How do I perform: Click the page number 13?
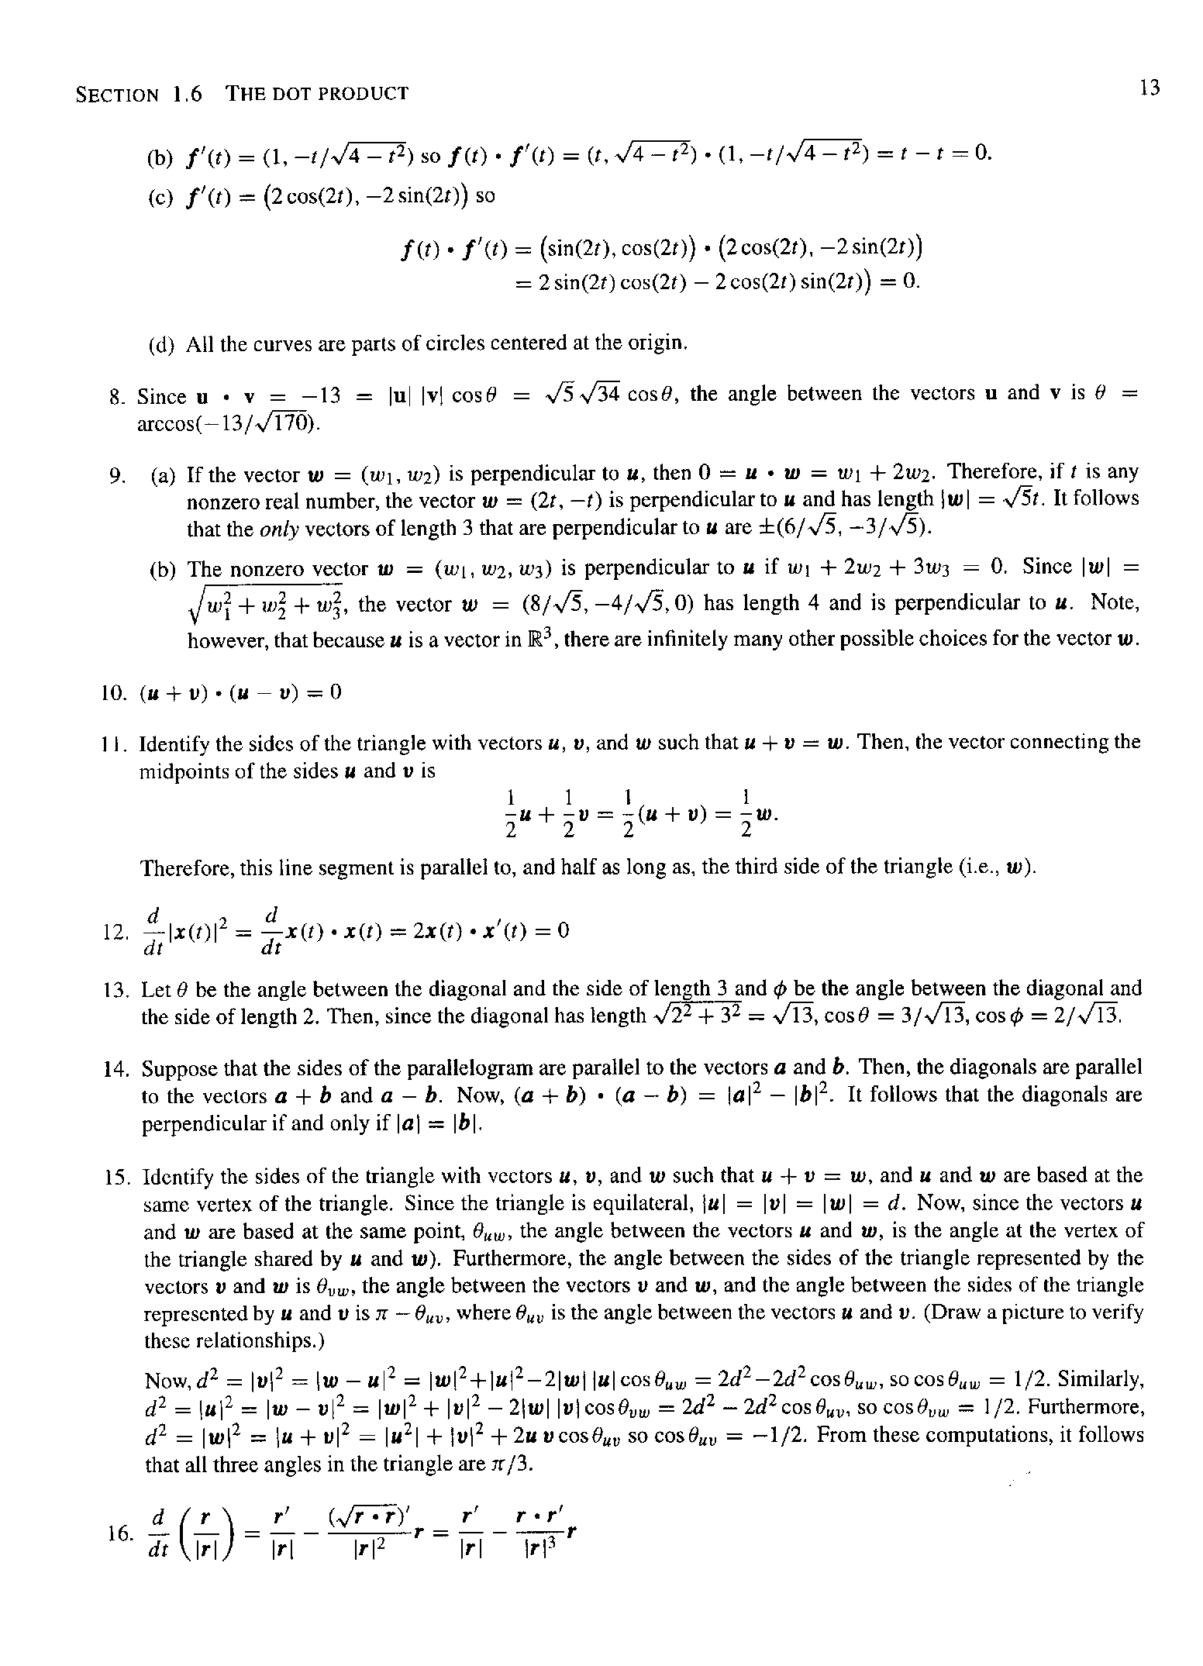pos(1150,88)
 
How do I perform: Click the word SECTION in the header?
pos(117,95)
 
